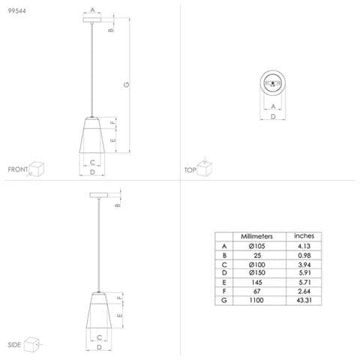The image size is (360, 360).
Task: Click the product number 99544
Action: click(x=16, y=10)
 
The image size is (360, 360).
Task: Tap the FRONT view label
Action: click(x=18, y=169)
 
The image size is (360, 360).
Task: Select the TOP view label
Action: click(x=190, y=170)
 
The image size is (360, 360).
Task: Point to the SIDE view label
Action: click(x=14, y=345)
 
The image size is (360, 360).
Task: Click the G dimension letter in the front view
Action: click(x=127, y=85)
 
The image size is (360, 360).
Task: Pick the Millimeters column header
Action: click(x=256, y=236)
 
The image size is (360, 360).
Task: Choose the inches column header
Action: click(x=304, y=235)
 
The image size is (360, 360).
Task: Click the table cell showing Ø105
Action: click(x=256, y=246)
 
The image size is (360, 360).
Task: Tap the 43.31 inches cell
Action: click(x=304, y=300)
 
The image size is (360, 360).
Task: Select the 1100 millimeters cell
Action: click(x=256, y=300)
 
